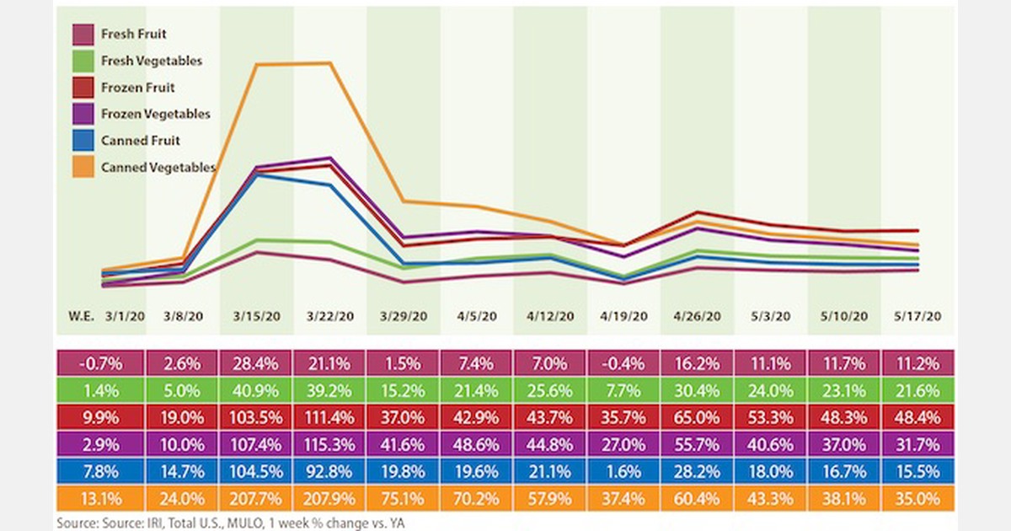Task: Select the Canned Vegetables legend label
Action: click(x=158, y=168)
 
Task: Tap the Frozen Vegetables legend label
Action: click(x=155, y=114)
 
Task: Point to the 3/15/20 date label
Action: click(x=257, y=317)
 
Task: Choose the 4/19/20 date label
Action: click(x=624, y=317)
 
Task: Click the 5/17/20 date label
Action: click(x=918, y=317)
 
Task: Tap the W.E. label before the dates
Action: click(x=80, y=317)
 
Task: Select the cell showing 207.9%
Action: click(x=331, y=499)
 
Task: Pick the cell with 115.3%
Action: click(x=331, y=445)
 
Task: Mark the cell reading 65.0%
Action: click(x=698, y=418)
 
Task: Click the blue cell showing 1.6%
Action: click(x=624, y=472)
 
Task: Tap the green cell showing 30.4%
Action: click(x=698, y=391)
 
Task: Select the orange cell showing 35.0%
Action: click(x=918, y=499)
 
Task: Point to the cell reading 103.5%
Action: click(x=257, y=418)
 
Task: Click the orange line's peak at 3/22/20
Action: click(x=329, y=62)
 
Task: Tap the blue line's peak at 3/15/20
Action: click(x=256, y=174)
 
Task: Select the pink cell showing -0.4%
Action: click(x=624, y=364)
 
